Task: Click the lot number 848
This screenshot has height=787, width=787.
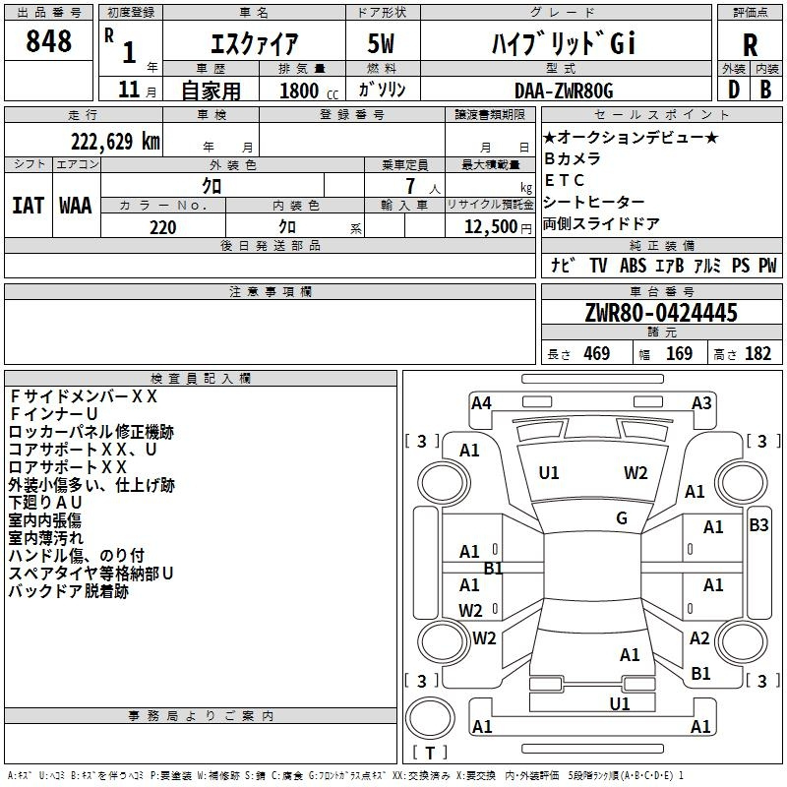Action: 48,40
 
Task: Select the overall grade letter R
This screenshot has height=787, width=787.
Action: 750,45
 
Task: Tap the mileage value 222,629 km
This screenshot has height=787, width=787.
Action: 115,142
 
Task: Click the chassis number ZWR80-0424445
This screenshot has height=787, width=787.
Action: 661,313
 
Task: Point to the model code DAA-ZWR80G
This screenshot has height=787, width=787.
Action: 564,91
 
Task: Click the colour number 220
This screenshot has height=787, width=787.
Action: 162,227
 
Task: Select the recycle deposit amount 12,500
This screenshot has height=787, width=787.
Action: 491,226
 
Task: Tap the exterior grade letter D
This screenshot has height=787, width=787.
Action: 734,90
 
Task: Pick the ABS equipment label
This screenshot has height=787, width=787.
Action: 633,265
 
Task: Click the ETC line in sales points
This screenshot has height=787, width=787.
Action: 564,180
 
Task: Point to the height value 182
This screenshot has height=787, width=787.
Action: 757,353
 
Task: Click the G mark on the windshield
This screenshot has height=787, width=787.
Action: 622,518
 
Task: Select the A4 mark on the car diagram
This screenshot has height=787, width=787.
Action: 481,403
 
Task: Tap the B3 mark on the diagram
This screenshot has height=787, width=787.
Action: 758,525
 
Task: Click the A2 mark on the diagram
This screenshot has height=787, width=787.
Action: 699,638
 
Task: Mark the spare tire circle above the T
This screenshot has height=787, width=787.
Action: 430,718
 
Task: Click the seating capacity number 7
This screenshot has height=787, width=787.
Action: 410,186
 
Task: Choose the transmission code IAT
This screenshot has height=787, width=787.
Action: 28,206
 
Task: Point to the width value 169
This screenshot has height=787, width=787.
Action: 679,353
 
